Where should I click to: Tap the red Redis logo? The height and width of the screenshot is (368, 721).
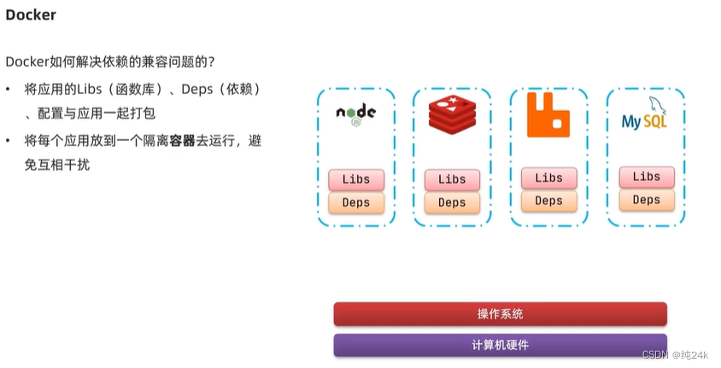click(451, 117)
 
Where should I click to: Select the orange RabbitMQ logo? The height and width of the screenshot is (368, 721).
click(548, 115)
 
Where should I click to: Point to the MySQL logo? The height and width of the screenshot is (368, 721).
click(645, 117)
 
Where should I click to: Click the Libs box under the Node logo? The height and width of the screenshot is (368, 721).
click(355, 179)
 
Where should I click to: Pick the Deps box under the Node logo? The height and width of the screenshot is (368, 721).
click(355, 202)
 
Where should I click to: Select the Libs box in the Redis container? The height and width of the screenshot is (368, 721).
click(452, 179)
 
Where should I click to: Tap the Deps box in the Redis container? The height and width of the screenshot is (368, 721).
click(452, 202)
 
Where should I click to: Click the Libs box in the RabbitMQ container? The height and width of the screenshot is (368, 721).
click(548, 178)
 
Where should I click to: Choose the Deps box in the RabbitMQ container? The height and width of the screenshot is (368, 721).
click(548, 201)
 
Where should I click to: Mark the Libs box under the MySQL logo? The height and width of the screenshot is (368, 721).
click(646, 177)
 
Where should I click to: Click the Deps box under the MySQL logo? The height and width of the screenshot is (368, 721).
click(646, 200)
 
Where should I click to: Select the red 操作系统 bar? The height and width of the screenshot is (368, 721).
click(500, 314)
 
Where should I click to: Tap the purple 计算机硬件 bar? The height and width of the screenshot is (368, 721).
click(500, 345)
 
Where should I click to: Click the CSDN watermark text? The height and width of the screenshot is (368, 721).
click(675, 354)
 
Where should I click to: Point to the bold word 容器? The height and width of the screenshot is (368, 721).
click(182, 141)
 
